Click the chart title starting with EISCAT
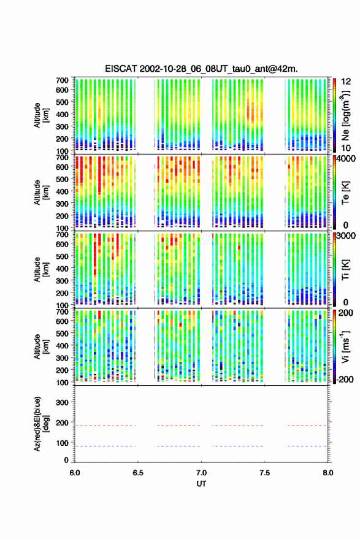tap(202, 69)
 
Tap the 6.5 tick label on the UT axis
tap(138, 473)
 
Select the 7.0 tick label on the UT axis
tap(201, 473)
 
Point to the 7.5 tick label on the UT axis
tap(264, 473)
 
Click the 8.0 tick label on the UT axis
tap(327, 473)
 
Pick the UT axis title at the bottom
tap(201, 484)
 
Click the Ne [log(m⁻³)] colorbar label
tap(345, 115)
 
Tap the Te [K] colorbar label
tap(345, 193)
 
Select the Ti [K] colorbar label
tap(345, 270)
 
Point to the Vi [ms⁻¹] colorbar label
tap(345, 346)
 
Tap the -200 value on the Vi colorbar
tap(344, 380)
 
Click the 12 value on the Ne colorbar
tap(346, 82)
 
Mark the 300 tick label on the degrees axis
tap(62, 402)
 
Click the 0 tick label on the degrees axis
tap(66, 460)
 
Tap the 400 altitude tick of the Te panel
tap(62, 191)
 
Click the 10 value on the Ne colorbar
tap(346, 148)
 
